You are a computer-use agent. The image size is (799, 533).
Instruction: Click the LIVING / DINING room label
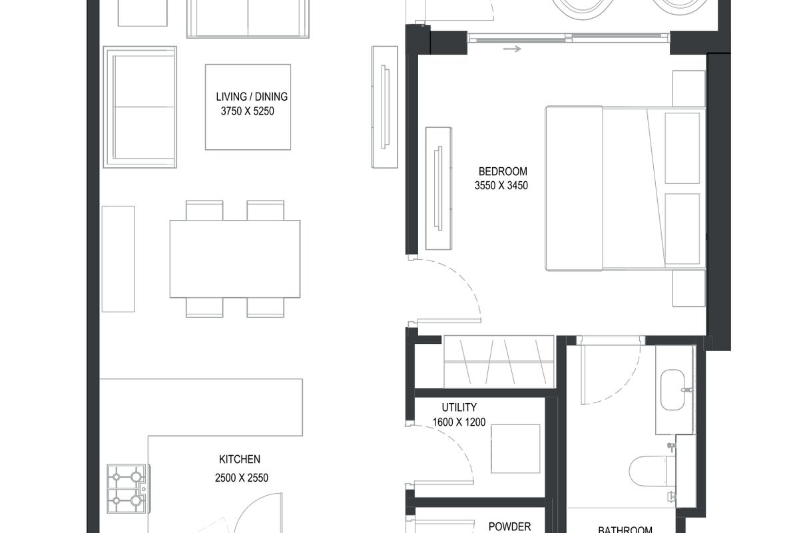[x=252, y=97]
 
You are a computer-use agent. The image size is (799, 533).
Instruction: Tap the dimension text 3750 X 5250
[x=248, y=111]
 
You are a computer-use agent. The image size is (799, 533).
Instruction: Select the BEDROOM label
[x=503, y=172]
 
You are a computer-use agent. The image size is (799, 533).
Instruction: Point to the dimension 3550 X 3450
[x=501, y=186]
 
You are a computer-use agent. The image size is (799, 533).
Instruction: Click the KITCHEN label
[x=239, y=460]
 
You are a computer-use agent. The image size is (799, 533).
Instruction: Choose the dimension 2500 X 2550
[x=242, y=478]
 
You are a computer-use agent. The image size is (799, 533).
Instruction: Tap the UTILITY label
[x=459, y=407]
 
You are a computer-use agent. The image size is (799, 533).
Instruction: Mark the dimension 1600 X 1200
[x=459, y=422]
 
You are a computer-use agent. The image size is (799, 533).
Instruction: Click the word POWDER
[x=509, y=526]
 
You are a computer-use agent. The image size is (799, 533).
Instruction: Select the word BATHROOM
[x=625, y=530]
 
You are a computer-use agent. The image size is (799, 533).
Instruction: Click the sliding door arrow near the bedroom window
[x=512, y=49]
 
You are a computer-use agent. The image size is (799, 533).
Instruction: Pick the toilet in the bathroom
[x=652, y=471]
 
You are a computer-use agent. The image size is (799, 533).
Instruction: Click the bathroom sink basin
[x=672, y=390]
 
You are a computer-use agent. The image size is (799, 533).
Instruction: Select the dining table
[x=234, y=259]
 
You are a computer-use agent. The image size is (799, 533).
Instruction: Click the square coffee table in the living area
[x=248, y=107]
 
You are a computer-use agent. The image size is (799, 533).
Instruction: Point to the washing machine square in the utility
[x=515, y=449]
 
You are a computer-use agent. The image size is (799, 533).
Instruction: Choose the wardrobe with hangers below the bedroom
[x=499, y=362]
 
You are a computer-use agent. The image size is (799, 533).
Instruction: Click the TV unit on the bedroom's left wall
[x=439, y=189]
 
